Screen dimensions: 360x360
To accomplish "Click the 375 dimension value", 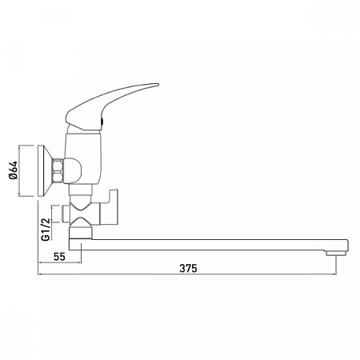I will pyautogui.click(x=188, y=266).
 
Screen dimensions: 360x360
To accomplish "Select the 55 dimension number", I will pyautogui.click(x=59, y=257).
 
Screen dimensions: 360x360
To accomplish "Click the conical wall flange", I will pyautogui.click(x=44, y=170).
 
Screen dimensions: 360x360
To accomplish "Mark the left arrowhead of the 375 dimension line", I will pyautogui.click(x=40, y=274).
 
